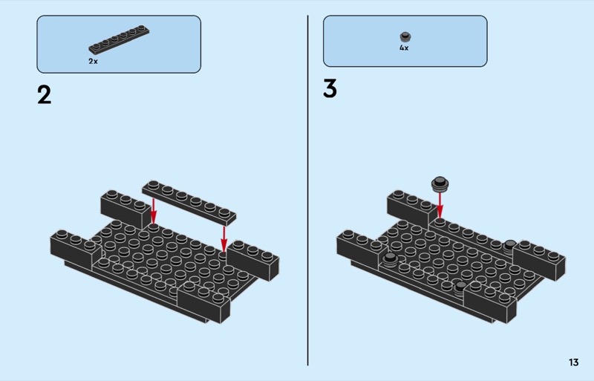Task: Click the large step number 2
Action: [x=45, y=95]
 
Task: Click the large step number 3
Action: [x=330, y=88]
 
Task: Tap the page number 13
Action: [x=573, y=362]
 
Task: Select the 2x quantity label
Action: [x=94, y=61]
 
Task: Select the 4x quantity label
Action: [x=404, y=48]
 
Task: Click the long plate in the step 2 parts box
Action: [x=119, y=39]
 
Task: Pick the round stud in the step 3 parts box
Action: [x=405, y=37]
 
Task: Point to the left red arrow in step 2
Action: [x=154, y=211]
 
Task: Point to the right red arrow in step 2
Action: [x=224, y=239]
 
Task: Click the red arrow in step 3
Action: [x=440, y=206]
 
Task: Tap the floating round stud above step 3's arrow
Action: [x=440, y=184]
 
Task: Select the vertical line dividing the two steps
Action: [x=307, y=190]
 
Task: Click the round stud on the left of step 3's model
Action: [x=390, y=259]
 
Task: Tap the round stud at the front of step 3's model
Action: [x=460, y=287]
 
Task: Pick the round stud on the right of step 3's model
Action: [x=509, y=246]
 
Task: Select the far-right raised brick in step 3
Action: [x=539, y=259]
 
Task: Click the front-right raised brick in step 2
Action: [x=203, y=302]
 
